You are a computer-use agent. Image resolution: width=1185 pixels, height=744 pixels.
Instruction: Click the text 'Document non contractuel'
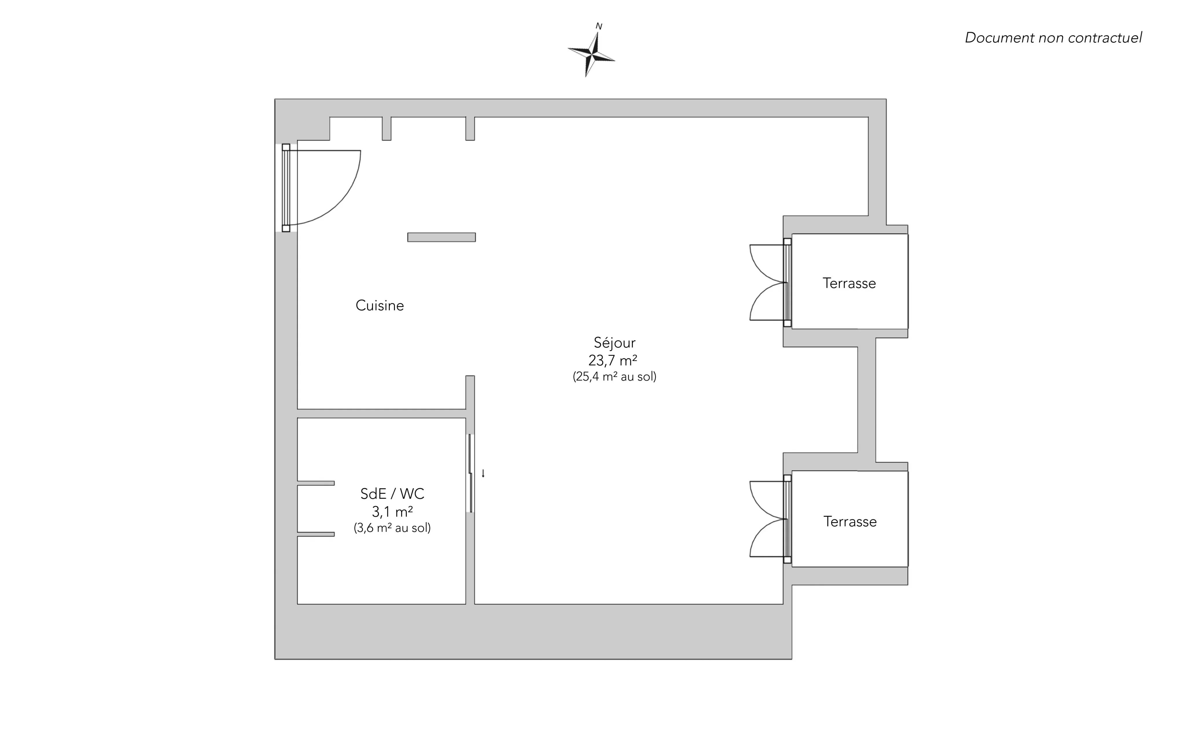click(x=1053, y=38)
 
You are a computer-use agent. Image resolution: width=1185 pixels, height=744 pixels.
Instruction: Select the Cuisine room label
click(x=379, y=305)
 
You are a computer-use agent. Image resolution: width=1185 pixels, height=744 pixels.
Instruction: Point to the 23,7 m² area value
click(x=613, y=361)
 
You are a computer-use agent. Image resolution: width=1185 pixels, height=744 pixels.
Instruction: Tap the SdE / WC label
click(x=392, y=493)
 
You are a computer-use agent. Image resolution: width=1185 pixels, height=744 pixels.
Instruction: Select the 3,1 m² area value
click(x=392, y=512)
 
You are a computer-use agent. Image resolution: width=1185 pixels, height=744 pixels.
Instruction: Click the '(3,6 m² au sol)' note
click(x=392, y=528)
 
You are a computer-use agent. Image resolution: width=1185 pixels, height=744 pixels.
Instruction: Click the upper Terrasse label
click(x=849, y=283)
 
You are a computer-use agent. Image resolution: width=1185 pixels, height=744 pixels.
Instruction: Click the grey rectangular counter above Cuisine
click(x=441, y=237)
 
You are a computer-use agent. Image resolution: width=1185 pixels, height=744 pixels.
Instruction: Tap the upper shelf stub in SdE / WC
click(x=316, y=483)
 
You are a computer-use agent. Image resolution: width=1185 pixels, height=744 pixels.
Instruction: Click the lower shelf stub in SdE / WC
click(x=316, y=534)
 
